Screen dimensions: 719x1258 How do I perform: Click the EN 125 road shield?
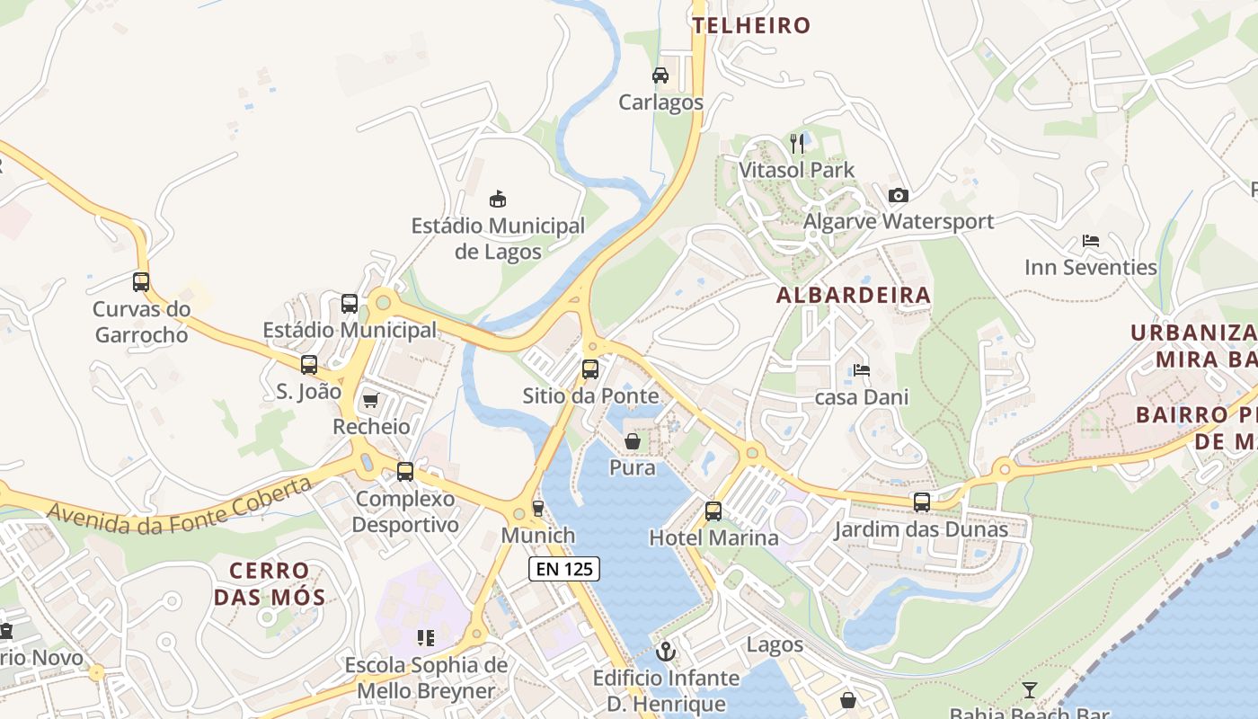click(x=563, y=568)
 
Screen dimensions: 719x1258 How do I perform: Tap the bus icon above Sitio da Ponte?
click(x=589, y=368)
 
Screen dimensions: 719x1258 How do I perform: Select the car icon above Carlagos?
click(x=660, y=75)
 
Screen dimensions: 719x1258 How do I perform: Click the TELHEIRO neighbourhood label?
click(x=751, y=25)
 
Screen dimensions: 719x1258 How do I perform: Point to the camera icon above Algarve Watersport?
click(x=898, y=195)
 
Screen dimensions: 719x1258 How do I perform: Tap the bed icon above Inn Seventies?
click(x=1091, y=241)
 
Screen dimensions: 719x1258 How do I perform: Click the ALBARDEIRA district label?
click(x=854, y=295)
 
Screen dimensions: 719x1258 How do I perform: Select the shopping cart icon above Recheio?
click(x=370, y=400)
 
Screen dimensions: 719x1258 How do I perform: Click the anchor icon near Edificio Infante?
click(x=666, y=651)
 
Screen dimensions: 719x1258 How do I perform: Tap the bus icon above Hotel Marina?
click(x=713, y=511)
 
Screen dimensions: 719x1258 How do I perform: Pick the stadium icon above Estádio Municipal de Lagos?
click(x=497, y=198)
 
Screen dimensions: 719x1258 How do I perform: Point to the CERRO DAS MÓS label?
click(x=270, y=583)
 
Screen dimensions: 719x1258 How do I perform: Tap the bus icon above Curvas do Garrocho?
click(x=141, y=282)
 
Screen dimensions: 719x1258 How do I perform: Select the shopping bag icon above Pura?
click(x=633, y=441)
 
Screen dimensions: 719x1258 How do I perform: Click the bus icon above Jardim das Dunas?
click(x=922, y=502)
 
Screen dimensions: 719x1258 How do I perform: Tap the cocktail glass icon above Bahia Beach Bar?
click(x=1030, y=690)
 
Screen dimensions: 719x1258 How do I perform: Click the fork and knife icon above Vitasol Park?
click(x=796, y=143)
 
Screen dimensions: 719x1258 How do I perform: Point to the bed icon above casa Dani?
click(x=862, y=369)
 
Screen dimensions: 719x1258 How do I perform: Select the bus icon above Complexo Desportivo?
click(x=405, y=471)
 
